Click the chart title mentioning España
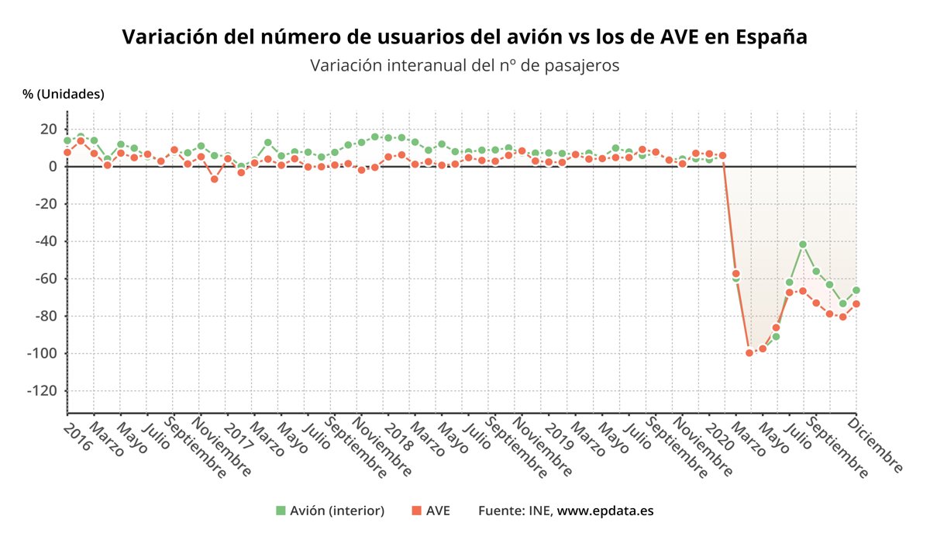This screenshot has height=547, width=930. (x=465, y=37)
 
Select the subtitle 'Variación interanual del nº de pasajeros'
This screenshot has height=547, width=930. (x=465, y=65)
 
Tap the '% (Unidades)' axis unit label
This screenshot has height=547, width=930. (x=64, y=94)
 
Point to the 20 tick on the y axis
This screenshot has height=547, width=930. (x=49, y=129)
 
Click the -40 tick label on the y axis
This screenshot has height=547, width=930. (x=46, y=241)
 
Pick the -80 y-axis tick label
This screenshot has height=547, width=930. (x=46, y=316)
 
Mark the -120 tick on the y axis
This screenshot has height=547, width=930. (x=43, y=391)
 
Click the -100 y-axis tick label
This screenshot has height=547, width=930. (x=43, y=354)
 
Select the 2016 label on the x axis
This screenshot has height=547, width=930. (x=77, y=428)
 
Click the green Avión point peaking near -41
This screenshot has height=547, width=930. (x=803, y=244)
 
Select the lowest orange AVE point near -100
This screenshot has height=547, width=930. (x=749, y=353)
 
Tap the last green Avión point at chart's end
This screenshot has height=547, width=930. (x=856, y=290)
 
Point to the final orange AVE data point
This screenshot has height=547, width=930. (x=856, y=304)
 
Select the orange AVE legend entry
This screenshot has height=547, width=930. (x=430, y=511)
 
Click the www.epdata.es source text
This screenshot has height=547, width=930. (x=606, y=511)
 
